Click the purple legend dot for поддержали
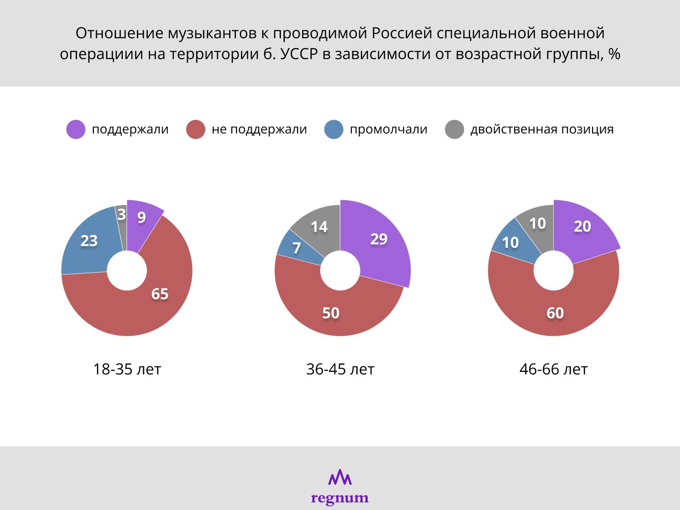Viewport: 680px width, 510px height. (76, 129)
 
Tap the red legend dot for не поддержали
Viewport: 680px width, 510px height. (195, 129)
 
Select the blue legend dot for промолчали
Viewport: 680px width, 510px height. (334, 129)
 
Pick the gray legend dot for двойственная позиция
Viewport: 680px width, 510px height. (454, 129)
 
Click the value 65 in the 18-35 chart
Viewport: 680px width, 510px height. (160, 294)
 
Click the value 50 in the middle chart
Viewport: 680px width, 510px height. (331, 313)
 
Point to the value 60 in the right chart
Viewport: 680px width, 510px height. (555, 313)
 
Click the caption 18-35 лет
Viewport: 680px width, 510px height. (127, 369)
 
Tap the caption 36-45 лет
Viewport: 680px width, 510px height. (340, 369)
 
